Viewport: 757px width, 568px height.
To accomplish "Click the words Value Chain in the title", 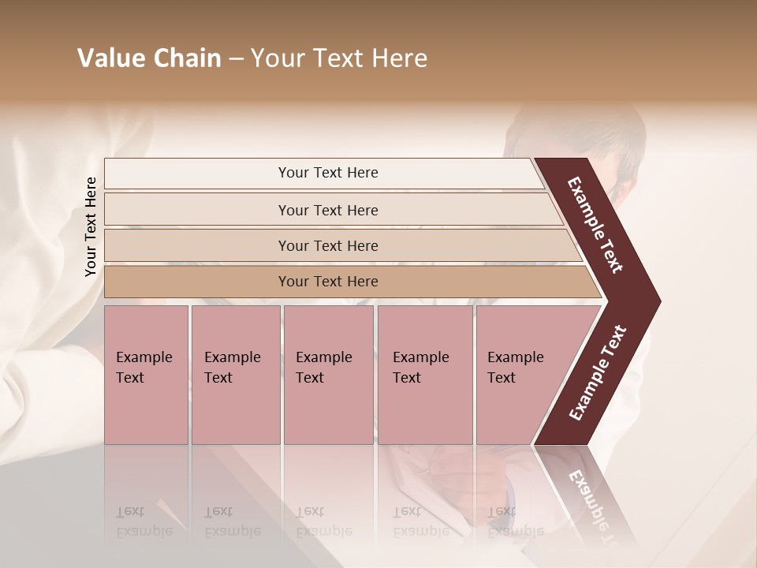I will (149, 58).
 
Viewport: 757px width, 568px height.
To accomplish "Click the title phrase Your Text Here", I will (339, 58).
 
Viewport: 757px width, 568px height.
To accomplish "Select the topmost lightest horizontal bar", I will (197, 173).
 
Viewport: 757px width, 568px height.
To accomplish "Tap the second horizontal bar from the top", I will (197, 210).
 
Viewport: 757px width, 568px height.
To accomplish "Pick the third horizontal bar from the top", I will (197, 245).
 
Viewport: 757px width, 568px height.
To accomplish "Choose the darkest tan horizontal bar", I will (197, 282).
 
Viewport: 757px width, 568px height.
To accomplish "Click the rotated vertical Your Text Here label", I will (91, 227).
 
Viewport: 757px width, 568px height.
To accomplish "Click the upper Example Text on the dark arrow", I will (595, 225).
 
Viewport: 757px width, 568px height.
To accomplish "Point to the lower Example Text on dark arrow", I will (597, 373).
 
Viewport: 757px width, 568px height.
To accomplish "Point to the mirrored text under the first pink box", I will (135, 521).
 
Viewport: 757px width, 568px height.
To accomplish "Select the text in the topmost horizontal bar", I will (328, 173).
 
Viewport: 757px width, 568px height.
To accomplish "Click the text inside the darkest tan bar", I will (328, 282).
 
